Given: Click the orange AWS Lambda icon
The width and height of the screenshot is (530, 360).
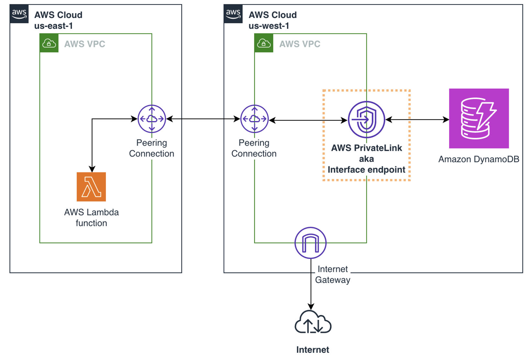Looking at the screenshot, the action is (x=91, y=187).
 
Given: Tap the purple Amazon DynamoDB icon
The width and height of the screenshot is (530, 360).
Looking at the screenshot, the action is (x=479, y=118).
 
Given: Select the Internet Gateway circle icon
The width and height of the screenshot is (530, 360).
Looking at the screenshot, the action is (x=310, y=243).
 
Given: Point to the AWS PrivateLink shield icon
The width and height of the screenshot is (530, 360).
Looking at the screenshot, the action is (x=366, y=119).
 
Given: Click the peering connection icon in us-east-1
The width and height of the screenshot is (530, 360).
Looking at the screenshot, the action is (x=152, y=119).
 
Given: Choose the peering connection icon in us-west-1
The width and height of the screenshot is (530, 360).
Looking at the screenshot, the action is (x=254, y=119).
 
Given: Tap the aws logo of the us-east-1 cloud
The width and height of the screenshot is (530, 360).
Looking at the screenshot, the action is (x=19, y=14).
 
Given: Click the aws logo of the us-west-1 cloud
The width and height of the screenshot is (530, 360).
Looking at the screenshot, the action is (x=233, y=14).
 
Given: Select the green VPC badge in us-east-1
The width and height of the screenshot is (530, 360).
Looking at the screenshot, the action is (x=49, y=43).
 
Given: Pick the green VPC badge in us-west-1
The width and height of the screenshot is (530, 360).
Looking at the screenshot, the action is (x=264, y=43).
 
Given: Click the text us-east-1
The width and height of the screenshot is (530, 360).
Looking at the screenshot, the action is (x=53, y=26).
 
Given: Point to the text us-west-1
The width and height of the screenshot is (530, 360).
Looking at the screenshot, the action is (x=269, y=26).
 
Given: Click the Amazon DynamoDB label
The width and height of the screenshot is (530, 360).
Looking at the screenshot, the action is (x=479, y=159).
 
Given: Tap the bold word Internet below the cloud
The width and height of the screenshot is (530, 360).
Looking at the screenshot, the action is (x=313, y=350).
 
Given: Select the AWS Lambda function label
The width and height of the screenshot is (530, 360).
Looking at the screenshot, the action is (x=91, y=218).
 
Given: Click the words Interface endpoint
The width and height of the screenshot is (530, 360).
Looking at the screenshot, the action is (x=366, y=170).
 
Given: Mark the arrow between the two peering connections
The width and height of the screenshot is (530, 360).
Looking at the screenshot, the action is (x=203, y=119).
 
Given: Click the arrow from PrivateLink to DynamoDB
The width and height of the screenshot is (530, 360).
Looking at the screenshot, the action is (x=417, y=119).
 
